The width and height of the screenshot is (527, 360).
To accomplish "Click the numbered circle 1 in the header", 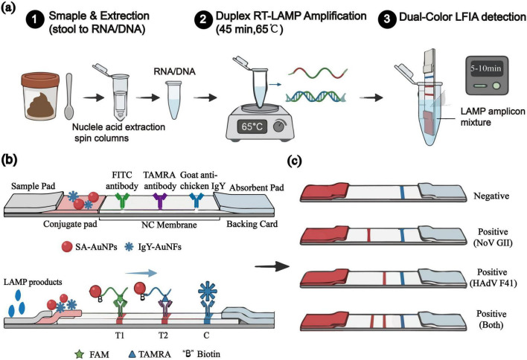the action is tap(35, 20).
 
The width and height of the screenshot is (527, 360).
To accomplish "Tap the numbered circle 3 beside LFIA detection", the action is tap(387, 19).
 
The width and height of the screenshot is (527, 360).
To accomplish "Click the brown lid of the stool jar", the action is tap(40, 80).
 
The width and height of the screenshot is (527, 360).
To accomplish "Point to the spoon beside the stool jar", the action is tap(69, 97).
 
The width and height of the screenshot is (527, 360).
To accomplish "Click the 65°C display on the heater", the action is tap(252, 126).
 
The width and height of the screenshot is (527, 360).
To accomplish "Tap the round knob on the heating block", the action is tap(279, 126).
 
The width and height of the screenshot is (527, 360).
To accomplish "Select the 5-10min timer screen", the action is tap(485, 68).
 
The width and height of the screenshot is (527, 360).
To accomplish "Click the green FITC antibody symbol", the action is tap(121, 201).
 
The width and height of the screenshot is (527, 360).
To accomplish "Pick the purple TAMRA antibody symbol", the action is tap(159, 201).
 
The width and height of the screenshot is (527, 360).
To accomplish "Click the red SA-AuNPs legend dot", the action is tap(66, 247).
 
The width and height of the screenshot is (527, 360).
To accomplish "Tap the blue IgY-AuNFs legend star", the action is tap(129, 247).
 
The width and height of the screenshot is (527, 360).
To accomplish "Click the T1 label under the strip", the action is tap(120, 335).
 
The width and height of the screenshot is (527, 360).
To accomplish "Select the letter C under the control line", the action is tap(206, 335).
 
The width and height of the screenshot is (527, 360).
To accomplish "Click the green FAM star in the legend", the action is tap(80, 353).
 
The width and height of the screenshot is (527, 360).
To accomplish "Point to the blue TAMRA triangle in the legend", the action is tap(132, 353).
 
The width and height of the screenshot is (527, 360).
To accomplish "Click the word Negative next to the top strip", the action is tap(491, 196).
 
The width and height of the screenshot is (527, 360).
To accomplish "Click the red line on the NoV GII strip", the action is tap(368, 235).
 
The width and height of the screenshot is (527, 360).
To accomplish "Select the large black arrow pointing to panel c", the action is tap(272, 266).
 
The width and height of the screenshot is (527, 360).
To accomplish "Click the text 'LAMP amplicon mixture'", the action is tap(493, 117).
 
